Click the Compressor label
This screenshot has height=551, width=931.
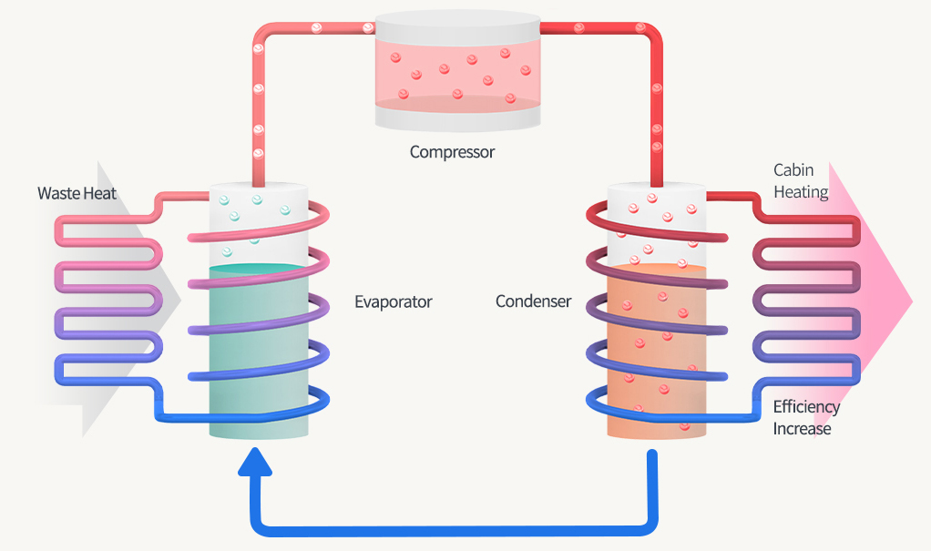click(x=452, y=152)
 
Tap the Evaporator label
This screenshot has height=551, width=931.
click(x=393, y=301)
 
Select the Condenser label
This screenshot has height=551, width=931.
click(x=533, y=301)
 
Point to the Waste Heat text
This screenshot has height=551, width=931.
click(x=77, y=193)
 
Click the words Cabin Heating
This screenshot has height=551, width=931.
click(x=800, y=181)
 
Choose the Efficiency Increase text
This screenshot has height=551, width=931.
click(x=806, y=418)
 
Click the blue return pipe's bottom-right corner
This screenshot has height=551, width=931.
click(x=649, y=525)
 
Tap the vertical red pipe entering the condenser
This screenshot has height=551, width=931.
click(x=656, y=118)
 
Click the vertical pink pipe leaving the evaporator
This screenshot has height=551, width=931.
click(x=258, y=118)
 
